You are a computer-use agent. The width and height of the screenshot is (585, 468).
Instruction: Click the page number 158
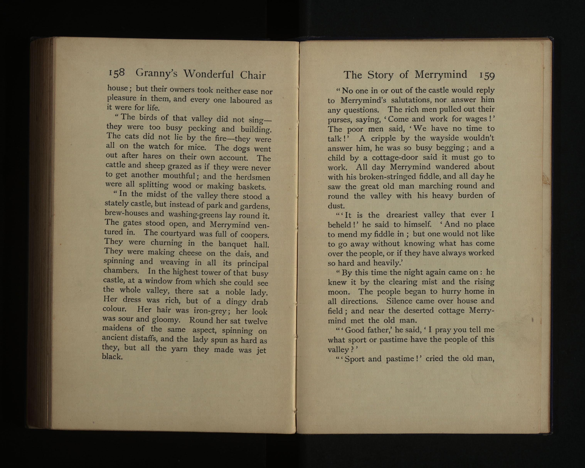click(117, 73)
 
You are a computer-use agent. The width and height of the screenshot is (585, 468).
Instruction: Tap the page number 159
click(487, 76)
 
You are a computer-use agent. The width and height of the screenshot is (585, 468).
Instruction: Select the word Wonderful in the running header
click(208, 74)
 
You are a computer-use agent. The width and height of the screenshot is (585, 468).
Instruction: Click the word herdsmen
click(253, 178)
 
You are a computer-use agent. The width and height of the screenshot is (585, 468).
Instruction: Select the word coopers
click(255, 234)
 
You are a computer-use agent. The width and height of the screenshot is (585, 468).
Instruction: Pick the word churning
click(166, 243)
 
